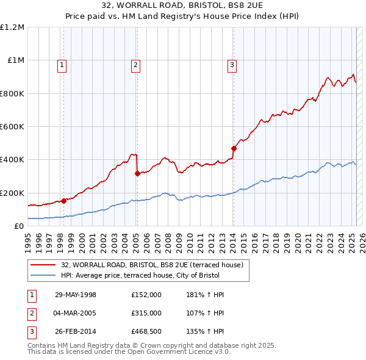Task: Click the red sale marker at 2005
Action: click(x=137, y=174)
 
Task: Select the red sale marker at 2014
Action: click(x=234, y=148)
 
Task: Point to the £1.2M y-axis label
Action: click(x=12, y=27)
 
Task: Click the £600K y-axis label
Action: click(x=12, y=127)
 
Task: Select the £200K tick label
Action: click(x=12, y=193)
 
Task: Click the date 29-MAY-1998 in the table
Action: click(x=76, y=295)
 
